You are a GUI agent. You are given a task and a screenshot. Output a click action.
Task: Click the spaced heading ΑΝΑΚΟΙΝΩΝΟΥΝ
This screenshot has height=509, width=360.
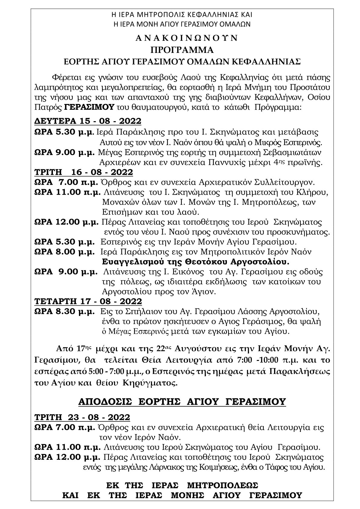(x=180, y=38)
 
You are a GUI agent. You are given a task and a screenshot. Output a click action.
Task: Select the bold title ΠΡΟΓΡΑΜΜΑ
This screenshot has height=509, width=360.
(x=180, y=50)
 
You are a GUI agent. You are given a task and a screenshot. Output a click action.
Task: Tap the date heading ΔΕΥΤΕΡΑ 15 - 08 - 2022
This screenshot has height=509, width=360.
(x=87, y=121)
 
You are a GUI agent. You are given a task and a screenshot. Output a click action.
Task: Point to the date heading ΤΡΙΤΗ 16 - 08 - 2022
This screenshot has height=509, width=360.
(x=83, y=172)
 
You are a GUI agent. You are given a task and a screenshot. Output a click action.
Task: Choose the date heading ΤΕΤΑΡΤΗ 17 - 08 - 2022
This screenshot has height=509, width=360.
(x=88, y=301)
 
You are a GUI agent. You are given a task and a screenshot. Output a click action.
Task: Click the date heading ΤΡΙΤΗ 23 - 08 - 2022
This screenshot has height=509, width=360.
(x=82, y=417)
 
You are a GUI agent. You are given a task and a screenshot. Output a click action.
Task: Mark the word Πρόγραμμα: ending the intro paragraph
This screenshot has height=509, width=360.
(x=280, y=107)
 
